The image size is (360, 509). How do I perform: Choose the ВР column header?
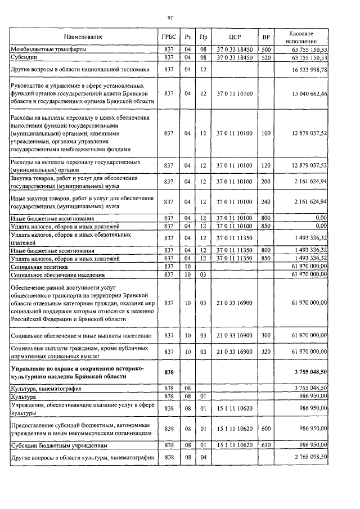click(266, 37)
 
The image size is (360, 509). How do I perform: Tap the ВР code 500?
click(266, 49)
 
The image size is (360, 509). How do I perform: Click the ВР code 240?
click(266, 201)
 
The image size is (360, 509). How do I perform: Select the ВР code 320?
click(266, 352)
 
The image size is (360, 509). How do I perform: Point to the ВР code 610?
click(266, 444)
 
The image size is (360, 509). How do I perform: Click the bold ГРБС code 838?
click(167, 372)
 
